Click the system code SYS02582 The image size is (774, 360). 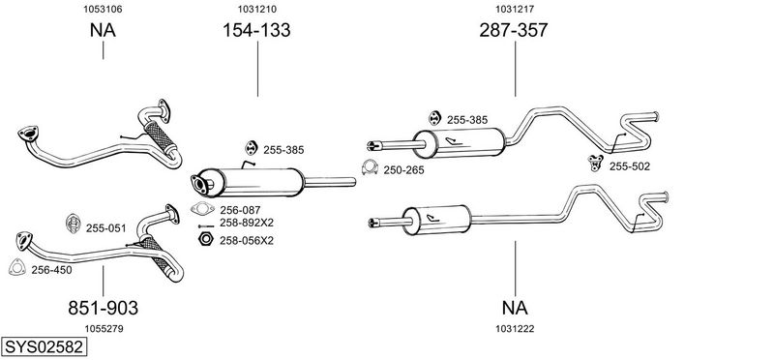(44, 346)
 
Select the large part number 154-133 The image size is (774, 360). (256, 30)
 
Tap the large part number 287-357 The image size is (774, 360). (514, 30)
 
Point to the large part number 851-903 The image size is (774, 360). (104, 308)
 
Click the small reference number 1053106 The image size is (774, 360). (103, 9)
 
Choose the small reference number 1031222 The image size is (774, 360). (515, 329)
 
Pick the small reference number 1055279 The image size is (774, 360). (104, 329)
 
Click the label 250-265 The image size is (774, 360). (403, 170)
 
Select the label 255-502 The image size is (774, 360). (630, 166)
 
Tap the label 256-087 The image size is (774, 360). (240, 210)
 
